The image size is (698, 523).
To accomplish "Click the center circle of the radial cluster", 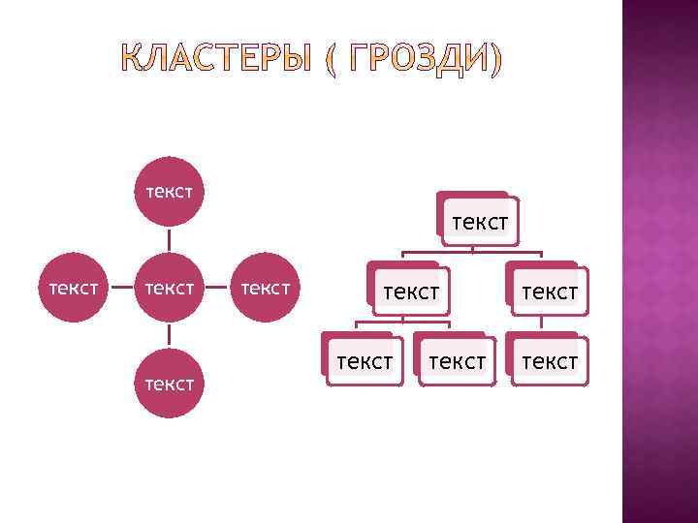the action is pyautogui.click(x=170, y=288).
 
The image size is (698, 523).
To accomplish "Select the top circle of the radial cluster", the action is pyautogui.click(x=170, y=190).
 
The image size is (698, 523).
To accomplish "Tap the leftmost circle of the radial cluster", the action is pyautogui.click(x=74, y=288).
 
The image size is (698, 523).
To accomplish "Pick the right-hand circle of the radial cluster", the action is pyautogui.click(x=265, y=288).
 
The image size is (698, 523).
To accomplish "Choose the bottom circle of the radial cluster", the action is pyautogui.click(x=170, y=384).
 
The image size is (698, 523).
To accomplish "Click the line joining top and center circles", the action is pyautogui.click(x=170, y=239).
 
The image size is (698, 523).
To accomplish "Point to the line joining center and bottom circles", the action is pyautogui.click(x=170, y=335).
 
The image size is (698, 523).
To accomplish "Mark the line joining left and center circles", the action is pyautogui.click(x=121, y=288).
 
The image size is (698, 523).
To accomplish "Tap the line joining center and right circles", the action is pyautogui.click(x=217, y=288).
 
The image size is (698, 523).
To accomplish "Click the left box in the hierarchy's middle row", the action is pyautogui.click(x=410, y=291).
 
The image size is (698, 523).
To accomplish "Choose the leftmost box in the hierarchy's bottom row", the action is pyautogui.click(x=365, y=361).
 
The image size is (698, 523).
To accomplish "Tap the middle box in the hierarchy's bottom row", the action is pyautogui.click(x=457, y=361).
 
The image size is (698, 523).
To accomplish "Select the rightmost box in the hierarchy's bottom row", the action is pyautogui.click(x=549, y=361).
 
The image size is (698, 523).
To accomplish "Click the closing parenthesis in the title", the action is pyautogui.click(x=496, y=63).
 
